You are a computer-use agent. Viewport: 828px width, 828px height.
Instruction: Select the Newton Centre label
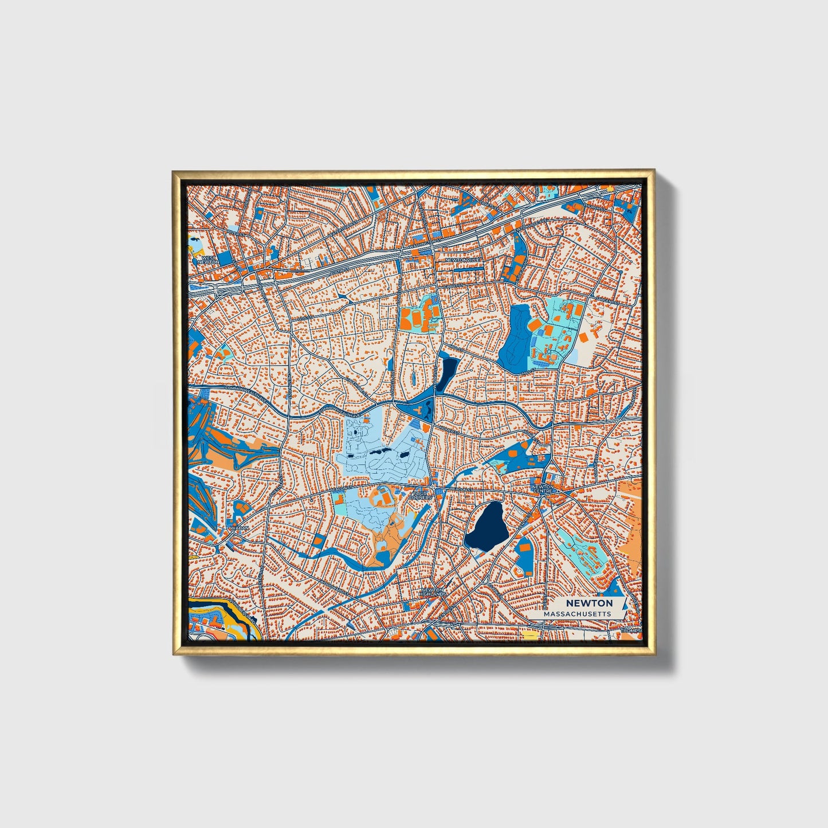click(x=543, y=488)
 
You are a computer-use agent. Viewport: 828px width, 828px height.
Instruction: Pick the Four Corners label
click(x=421, y=493)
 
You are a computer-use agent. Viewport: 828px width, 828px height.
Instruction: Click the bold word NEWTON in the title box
click(x=589, y=603)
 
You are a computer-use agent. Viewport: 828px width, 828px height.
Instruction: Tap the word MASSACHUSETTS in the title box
click(x=577, y=614)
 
